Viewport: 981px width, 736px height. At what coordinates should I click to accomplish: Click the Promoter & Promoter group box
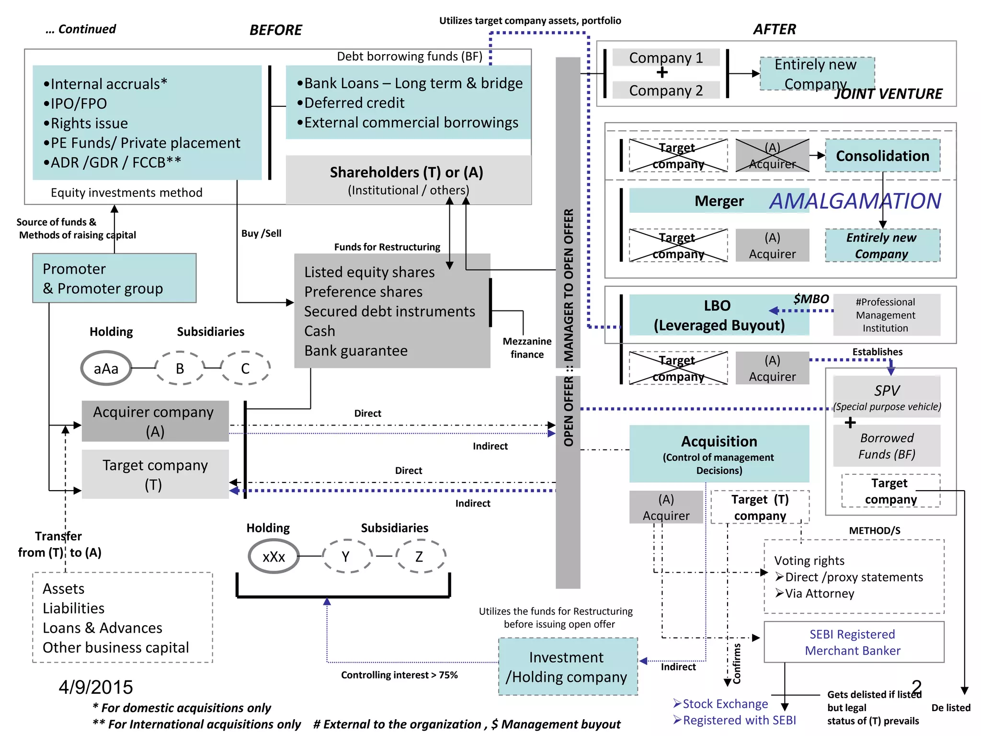click(x=114, y=278)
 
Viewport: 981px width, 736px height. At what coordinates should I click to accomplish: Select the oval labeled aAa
click(x=106, y=368)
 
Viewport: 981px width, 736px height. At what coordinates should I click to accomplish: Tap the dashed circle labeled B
click(x=180, y=368)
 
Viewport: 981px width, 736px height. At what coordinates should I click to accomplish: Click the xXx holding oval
click(x=274, y=556)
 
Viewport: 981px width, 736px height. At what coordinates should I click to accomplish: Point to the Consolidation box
click(x=882, y=156)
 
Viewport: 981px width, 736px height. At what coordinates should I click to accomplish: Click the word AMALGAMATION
click(x=855, y=201)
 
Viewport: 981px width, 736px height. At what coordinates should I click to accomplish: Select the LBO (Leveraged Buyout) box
click(x=719, y=315)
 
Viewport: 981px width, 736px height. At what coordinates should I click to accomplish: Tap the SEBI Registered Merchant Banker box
click(x=853, y=642)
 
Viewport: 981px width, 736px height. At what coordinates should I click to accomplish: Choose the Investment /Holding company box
click(x=568, y=667)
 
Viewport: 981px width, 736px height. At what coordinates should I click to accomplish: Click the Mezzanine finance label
click(x=527, y=348)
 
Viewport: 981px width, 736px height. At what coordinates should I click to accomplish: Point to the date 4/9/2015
click(x=96, y=687)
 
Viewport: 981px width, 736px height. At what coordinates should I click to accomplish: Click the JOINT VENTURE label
click(x=888, y=94)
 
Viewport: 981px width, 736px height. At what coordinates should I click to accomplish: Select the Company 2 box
click(x=666, y=90)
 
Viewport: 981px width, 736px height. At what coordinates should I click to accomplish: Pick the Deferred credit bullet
click(x=354, y=103)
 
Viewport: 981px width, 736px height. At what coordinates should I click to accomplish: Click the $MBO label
click(x=810, y=299)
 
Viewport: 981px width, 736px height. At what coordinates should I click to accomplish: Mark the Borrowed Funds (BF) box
click(x=887, y=446)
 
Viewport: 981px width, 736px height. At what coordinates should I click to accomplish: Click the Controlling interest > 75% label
click(x=399, y=675)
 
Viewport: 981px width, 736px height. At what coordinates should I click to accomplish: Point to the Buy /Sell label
click(x=261, y=233)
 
